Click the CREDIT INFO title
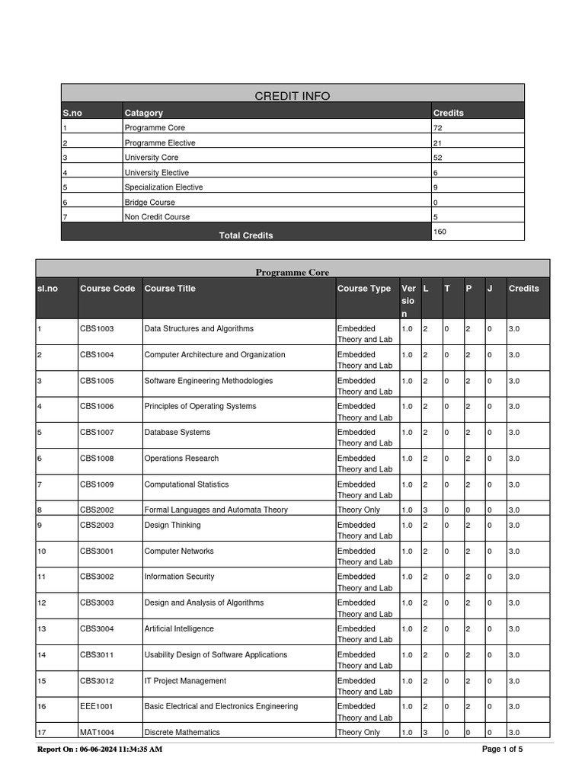pos(292,95)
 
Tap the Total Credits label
pos(246,235)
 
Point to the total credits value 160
pos(440,231)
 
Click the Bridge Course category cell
pos(149,203)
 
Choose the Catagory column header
pos(144,113)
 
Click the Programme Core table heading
pos(292,272)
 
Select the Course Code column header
pos(107,289)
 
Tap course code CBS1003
pos(97,329)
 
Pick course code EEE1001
pos(97,707)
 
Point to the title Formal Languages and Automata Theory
pos(216,510)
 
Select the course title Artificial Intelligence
pos(179,629)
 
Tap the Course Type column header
pos(363,289)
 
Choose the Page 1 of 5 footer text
pos(503,750)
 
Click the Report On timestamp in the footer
pos(100,750)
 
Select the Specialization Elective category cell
pos(164,187)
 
